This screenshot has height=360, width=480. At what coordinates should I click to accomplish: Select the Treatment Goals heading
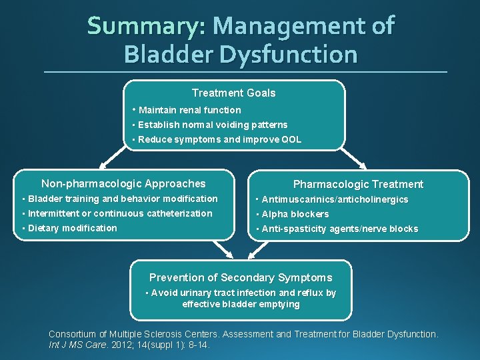pyautogui.click(x=233, y=93)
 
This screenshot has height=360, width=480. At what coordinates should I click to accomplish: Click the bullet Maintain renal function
pyautogui.click(x=189, y=110)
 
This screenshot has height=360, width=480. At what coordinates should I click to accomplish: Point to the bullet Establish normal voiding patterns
pyautogui.click(x=213, y=125)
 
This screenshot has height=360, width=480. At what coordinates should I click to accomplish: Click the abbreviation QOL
pyautogui.click(x=291, y=140)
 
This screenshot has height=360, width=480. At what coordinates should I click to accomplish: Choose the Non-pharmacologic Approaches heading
pyautogui.click(x=123, y=183)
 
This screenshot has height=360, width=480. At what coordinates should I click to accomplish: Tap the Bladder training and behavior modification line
pyautogui.click(x=123, y=199)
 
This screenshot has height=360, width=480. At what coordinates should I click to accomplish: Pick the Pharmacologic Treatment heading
pyautogui.click(x=358, y=184)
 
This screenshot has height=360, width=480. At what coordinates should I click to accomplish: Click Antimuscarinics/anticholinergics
pyautogui.click(x=335, y=199)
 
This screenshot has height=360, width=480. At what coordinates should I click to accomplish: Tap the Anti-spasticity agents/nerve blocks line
pyautogui.click(x=339, y=229)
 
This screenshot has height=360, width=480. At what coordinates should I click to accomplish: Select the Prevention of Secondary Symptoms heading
pyautogui.click(x=240, y=277)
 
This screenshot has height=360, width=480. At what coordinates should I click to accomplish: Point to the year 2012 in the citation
pyautogui.click(x=108, y=345)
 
